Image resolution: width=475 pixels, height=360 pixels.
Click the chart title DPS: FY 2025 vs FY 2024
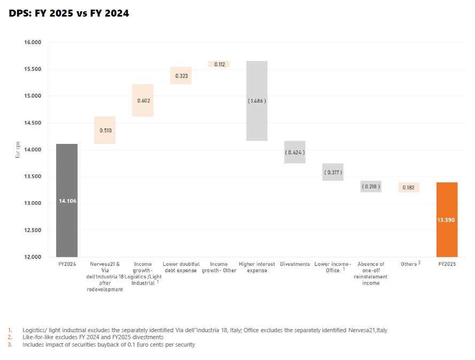[69, 13]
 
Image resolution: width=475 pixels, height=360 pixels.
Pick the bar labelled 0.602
[143, 100]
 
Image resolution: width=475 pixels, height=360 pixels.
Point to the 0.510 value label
[105, 130]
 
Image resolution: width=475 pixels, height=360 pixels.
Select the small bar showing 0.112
[219, 64]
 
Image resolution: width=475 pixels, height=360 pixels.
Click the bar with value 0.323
[181, 75]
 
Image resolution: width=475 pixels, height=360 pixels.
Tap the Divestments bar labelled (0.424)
[295, 152]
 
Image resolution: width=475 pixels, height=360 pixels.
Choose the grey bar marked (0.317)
[333, 172]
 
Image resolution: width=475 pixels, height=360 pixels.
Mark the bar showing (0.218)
[371, 186]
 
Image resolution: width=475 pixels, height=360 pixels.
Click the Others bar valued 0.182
[409, 187]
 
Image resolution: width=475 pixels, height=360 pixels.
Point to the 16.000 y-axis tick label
[33, 42]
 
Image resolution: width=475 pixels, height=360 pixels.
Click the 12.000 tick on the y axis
[33, 257]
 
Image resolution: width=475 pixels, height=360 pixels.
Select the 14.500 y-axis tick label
[33, 123]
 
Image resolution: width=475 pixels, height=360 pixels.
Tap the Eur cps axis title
[17, 150]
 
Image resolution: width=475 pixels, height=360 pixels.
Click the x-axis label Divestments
[295, 264]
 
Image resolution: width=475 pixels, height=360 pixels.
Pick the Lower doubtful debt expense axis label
[181, 267]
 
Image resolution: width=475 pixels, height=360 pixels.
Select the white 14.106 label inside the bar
[67, 201]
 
